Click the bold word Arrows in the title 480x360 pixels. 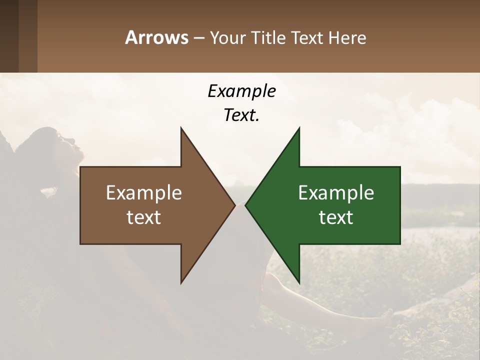[x=157, y=38]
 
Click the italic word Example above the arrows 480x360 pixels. [x=241, y=91]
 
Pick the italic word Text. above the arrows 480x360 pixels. [x=241, y=115]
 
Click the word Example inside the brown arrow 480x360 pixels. [x=144, y=192]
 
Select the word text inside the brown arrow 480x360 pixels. [x=144, y=217]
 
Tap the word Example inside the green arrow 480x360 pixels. [x=336, y=192]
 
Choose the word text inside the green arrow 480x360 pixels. [x=336, y=217]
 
